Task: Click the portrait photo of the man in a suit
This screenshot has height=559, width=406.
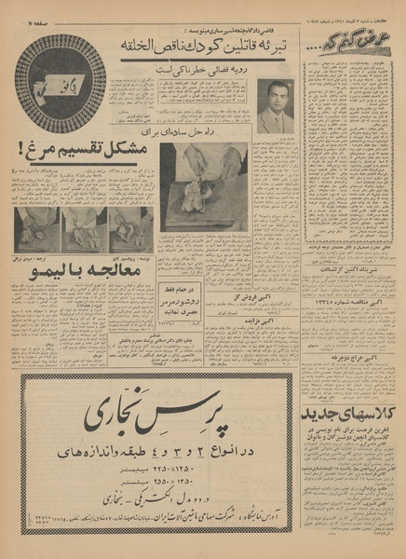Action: tap(275, 107)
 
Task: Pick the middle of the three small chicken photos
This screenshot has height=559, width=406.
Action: tap(83, 229)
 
